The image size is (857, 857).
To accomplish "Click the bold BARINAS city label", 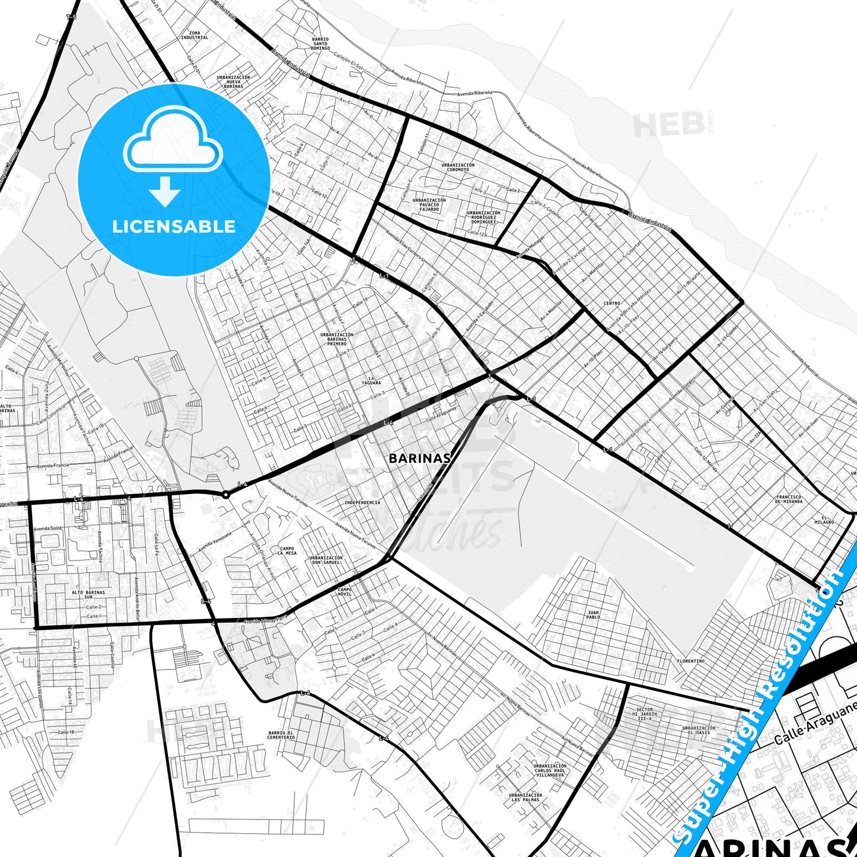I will tap(420, 458).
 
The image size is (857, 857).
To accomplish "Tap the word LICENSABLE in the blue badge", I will tap(174, 226).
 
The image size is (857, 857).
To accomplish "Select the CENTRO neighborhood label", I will tap(611, 303).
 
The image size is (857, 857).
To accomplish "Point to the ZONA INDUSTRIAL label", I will tap(195, 35).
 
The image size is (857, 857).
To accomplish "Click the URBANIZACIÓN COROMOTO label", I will tap(458, 167).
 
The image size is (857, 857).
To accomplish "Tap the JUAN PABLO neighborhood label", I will tap(593, 614).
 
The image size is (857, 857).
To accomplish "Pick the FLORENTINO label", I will tap(691, 661).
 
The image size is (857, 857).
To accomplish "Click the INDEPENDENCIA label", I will tap(362, 502).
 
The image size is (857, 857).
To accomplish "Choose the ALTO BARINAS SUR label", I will tap(88, 594).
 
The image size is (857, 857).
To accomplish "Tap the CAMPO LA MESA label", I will tap(287, 551).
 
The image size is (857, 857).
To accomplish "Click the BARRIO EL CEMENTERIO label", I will tap(281, 735).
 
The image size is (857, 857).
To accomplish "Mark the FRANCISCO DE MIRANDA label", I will tap(789, 499).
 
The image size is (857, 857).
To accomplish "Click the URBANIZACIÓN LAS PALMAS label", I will tap(525, 797).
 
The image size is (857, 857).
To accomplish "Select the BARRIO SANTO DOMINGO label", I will tap(320, 43).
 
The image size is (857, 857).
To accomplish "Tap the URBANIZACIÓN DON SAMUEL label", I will tap(326, 560).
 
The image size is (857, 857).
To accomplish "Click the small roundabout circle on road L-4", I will tap(226, 495).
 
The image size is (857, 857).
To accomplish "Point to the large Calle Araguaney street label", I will tap(816, 723).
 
